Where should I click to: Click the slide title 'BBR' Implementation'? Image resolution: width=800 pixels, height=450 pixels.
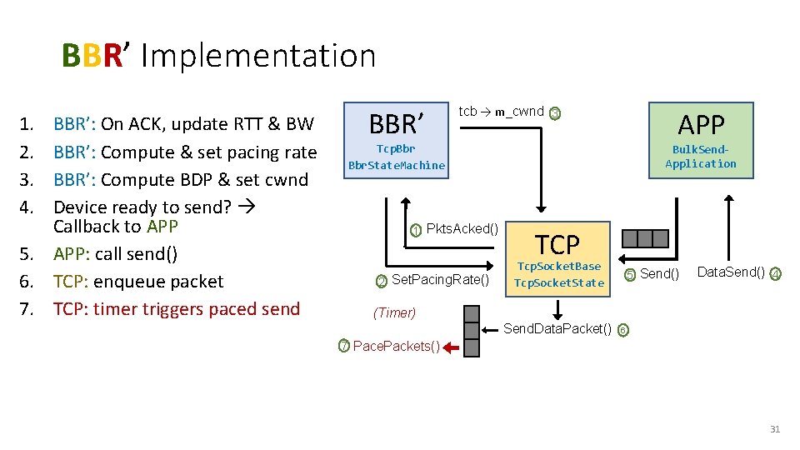click(218, 56)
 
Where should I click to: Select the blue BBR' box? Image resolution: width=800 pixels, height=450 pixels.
click(397, 139)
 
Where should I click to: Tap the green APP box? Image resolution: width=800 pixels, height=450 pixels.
click(701, 139)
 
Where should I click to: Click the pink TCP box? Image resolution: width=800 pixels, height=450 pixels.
click(557, 258)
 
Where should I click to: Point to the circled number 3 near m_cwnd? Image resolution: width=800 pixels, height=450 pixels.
click(556, 113)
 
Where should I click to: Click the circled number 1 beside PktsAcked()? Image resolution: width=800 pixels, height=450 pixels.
click(417, 230)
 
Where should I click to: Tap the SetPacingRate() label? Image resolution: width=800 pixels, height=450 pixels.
click(440, 280)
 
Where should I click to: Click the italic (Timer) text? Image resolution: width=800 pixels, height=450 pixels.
click(394, 313)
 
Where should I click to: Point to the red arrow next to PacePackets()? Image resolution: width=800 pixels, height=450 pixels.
click(451, 347)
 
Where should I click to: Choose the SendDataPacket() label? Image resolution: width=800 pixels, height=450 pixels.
click(557, 328)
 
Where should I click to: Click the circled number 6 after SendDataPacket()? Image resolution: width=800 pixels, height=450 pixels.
click(623, 329)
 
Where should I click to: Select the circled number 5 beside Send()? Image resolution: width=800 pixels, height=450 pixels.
click(631, 274)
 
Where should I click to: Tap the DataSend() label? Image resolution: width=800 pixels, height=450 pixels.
click(730, 272)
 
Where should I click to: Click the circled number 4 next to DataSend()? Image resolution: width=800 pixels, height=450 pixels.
click(775, 273)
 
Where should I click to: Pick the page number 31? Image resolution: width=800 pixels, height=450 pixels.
click(774, 429)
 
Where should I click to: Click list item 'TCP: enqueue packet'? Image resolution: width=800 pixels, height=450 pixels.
click(138, 282)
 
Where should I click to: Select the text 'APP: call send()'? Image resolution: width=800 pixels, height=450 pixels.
click(115, 254)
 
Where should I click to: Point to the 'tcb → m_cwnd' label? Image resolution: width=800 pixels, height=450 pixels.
click(501, 112)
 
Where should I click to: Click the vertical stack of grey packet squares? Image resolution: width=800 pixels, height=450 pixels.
click(472, 331)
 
